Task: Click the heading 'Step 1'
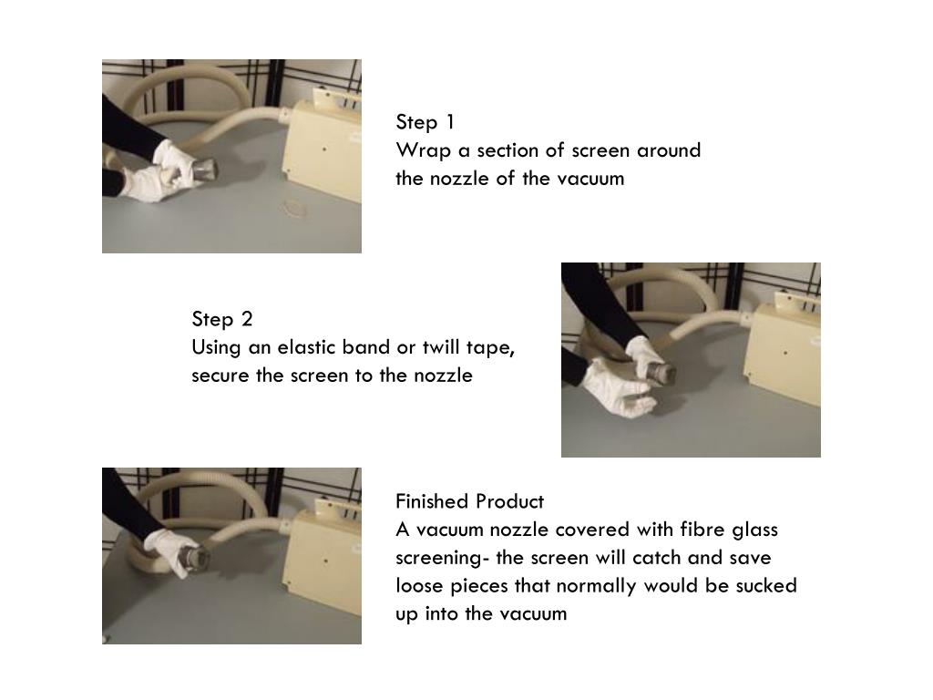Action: pyautogui.click(x=425, y=122)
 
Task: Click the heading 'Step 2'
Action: pyautogui.click(x=222, y=319)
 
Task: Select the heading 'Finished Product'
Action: pyautogui.click(x=469, y=501)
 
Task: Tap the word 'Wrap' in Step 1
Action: pyautogui.click(x=423, y=150)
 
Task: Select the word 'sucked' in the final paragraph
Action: pyautogui.click(x=766, y=586)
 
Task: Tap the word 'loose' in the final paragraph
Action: pyautogui.click(x=419, y=586)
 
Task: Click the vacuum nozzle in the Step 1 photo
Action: pyautogui.click(x=203, y=170)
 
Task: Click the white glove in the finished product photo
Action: pyautogui.click(x=169, y=551)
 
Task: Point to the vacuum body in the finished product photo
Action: pyautogui.click(x=323, y=560)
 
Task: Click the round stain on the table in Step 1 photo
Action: pyautogui.click(x=294, y=208)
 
